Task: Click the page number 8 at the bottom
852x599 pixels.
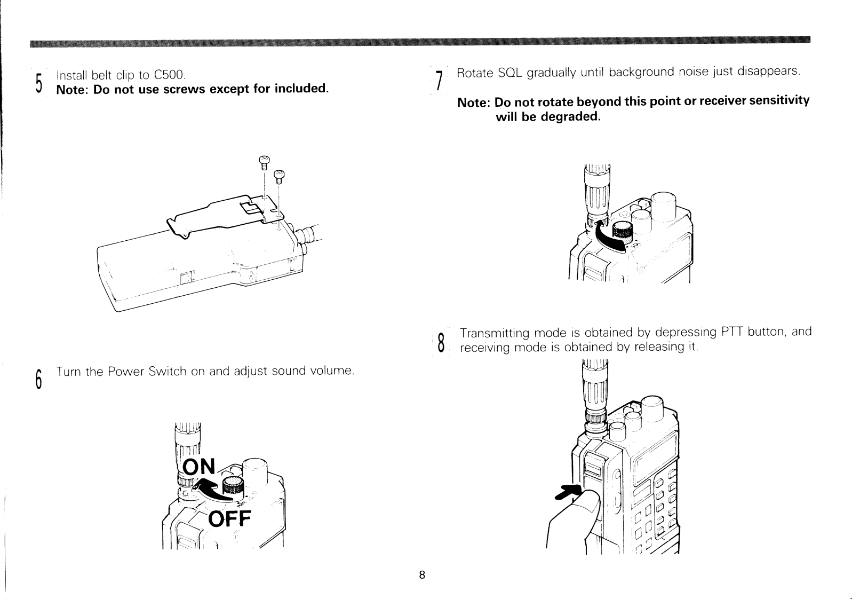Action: [x=421, y=575]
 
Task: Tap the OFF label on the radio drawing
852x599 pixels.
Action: [x=229, y=518]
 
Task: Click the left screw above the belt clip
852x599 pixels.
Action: [x=264, y=162]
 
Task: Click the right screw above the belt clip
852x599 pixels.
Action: [x=279, y=176]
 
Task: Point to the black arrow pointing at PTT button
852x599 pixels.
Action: [x=568, y=492]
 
